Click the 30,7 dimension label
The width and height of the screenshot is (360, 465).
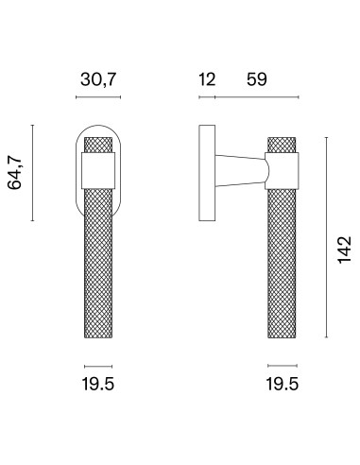coord(98,79)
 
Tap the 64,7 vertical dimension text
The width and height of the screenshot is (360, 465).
coord(15,173)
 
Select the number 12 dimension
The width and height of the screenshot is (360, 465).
coord(207,79)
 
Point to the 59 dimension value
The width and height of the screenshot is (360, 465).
coord(257,79)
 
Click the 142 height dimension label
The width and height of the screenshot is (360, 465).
coord(344,250)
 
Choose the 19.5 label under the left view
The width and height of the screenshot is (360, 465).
coord(98,384)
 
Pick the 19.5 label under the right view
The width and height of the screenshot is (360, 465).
coord(283,384)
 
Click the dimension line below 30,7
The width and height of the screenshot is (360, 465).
coord(98,97)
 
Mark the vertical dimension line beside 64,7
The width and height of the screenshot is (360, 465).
coord(32,173)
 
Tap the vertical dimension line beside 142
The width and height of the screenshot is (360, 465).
coord(326,237)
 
